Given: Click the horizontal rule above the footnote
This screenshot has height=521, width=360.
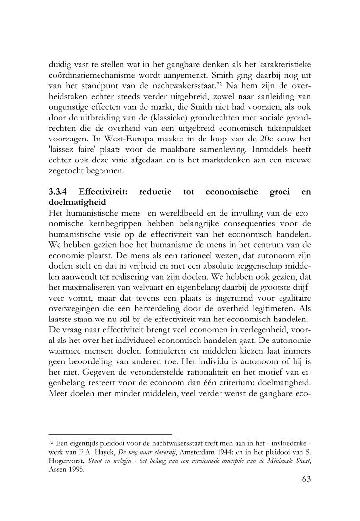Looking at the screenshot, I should tap(111, 434).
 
